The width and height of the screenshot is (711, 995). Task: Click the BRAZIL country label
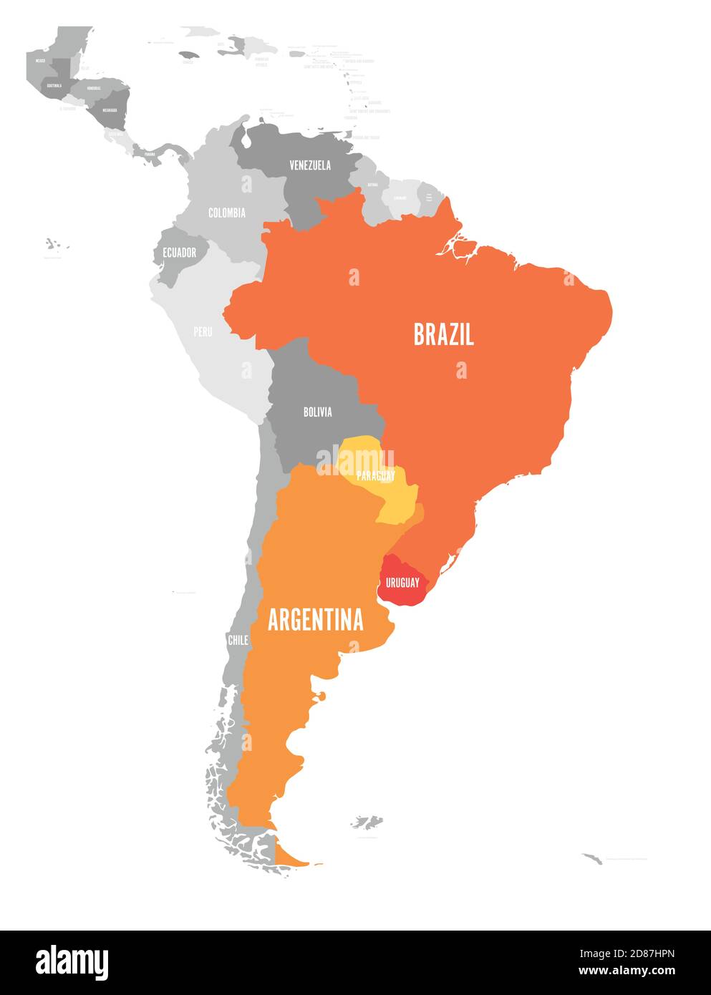click(x=443, y=334)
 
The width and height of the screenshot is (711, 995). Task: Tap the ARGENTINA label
click(x=315, y=620)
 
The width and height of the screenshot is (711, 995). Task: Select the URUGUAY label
click(x=402, y=583)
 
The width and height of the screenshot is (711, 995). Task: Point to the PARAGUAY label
click(x=376, y=475)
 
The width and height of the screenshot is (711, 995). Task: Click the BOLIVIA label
click(x=317, y=412)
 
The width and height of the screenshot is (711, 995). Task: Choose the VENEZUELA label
click(x=310, y=165)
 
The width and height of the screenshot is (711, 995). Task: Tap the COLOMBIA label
click(x=226, y=213)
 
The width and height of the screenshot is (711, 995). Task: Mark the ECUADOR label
click(x=179, y=253)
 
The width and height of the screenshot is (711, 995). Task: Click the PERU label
click(x=203, y=331)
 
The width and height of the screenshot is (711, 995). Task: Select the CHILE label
click(x=238, y=640)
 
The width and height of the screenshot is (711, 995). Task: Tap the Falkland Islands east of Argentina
click(x=367, y=822)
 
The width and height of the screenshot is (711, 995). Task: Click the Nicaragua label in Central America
click(x=110, y=110)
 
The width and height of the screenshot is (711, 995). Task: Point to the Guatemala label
click(x=54, y=85)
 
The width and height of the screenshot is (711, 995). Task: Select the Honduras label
click(x=94, y=88)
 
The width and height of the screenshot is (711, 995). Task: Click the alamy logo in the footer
click(x=72, y=962)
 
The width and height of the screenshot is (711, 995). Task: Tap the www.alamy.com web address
click(x=627, y=971)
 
